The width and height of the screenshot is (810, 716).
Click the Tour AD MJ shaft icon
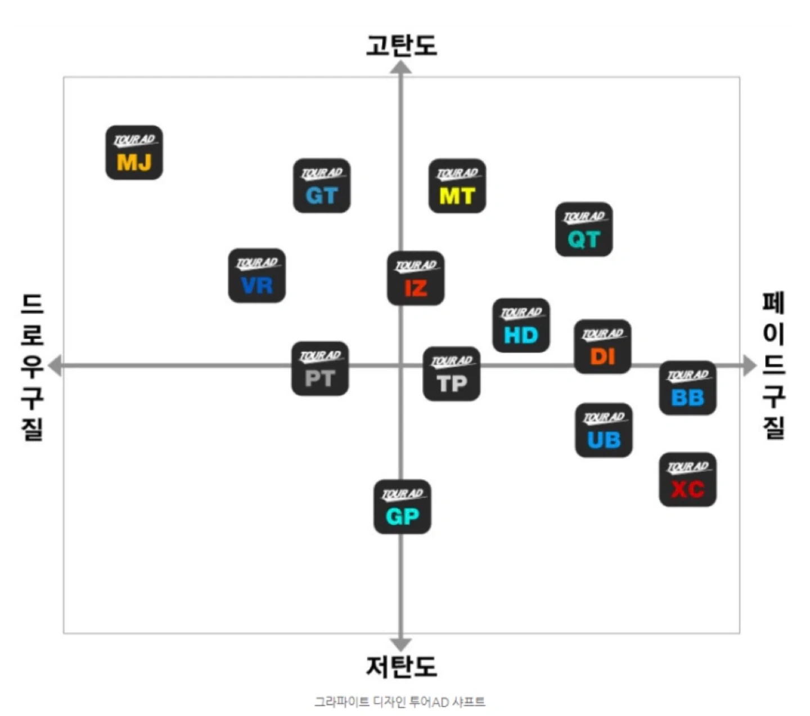[134, 152]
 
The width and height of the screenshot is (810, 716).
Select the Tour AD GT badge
[321, 186]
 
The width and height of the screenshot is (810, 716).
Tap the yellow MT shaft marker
[457, 186]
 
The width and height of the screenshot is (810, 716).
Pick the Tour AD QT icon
[584, 229]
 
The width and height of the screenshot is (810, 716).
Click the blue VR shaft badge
[256, 276]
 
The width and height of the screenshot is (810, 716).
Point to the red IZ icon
[415, 278]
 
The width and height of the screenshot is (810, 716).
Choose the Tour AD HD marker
[521, 325]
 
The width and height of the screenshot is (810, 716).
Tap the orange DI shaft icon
[602, 346]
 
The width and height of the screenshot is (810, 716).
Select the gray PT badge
[320, 368]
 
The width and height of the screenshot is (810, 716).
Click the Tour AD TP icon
[451, 374]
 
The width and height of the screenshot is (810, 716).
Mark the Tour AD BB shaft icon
[688, 388]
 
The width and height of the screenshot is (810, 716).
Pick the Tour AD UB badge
[604, 430]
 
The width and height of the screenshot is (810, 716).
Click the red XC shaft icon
[688, 479]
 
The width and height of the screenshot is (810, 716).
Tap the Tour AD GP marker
[402, 507]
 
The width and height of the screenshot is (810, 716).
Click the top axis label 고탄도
[402, 45]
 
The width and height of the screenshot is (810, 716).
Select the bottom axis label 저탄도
[402, 667]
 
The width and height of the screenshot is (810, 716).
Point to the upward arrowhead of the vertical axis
[401, 67]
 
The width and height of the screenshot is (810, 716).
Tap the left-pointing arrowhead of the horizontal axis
[55, 366]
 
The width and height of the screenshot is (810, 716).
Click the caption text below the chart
[400, 701]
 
